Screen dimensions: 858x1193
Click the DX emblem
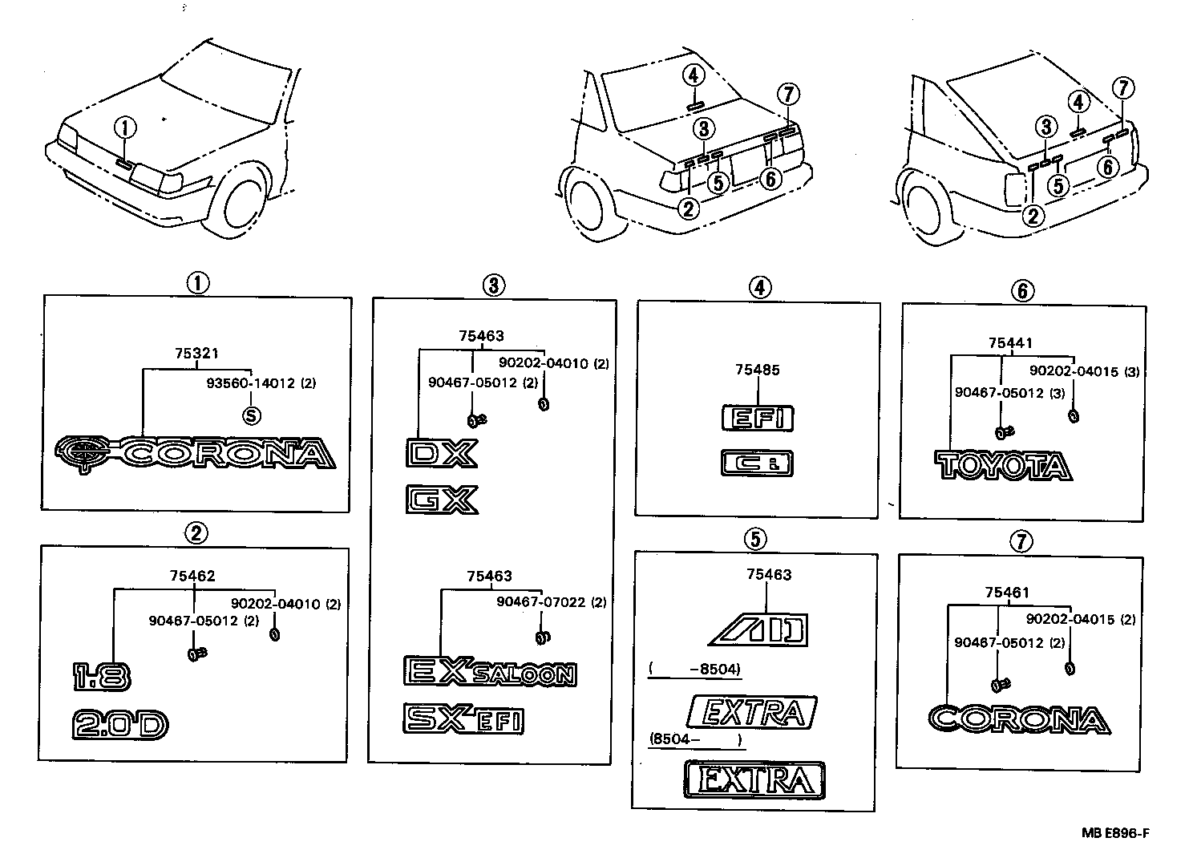click(441, 453)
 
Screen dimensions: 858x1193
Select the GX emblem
click(441, 499)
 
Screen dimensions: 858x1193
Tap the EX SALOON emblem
click(489, 672)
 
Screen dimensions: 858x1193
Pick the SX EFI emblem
click(463, 718)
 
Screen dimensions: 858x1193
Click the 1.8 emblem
click(100, 676)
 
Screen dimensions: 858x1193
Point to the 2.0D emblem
click(120, 725)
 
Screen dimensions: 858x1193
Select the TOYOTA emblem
click(1003, 466)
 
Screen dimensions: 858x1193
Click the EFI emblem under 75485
click(758, 418)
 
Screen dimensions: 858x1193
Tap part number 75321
click(196, 353)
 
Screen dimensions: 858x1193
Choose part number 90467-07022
click(540, 601)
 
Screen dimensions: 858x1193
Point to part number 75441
click(1005, 343)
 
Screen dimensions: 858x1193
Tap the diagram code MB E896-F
click(1115, 833)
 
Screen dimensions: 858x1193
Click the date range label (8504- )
click(694, 739)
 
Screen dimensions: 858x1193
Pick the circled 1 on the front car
click(124, 127)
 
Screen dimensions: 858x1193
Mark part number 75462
click(192, 576)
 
